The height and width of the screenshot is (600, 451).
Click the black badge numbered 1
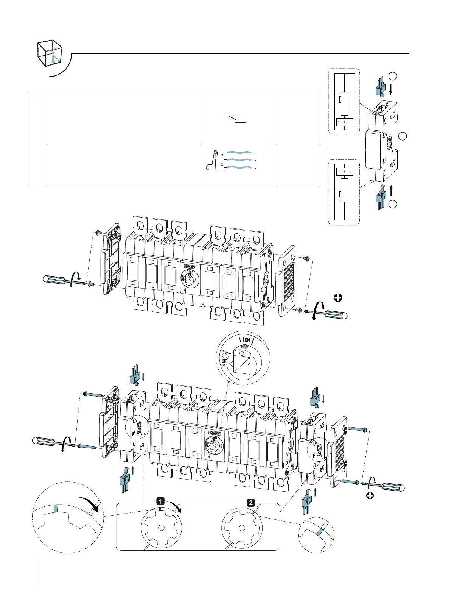(x=160, y=502)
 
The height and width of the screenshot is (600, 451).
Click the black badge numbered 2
(x=250, y=503)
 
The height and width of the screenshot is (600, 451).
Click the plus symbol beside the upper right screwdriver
(x=338, y=298)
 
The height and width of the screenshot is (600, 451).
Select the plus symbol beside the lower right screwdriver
(x=370, y=495)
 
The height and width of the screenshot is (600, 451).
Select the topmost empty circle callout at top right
(x=393, y=76)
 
